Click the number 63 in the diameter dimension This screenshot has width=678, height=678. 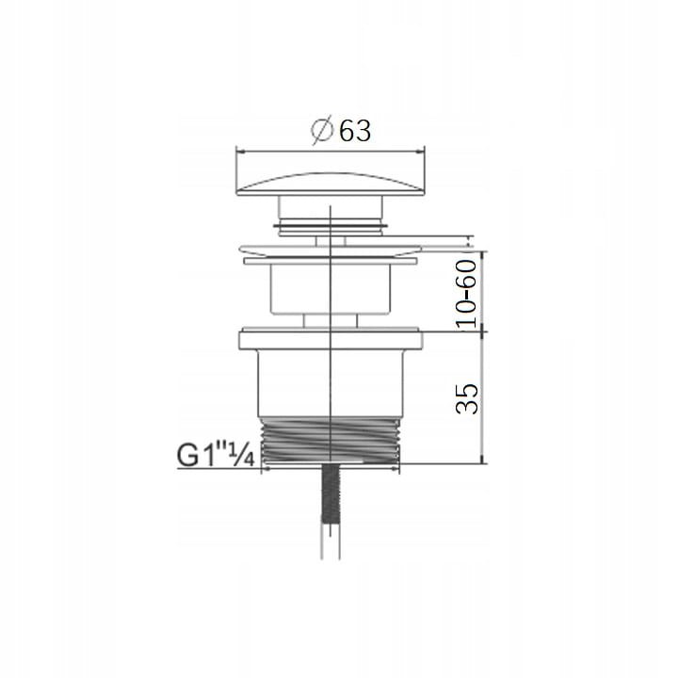pos(355,131)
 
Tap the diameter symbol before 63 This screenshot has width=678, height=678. pos(322,130)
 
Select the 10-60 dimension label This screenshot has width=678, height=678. pos(466,294)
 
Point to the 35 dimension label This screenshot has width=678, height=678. pos(467,398)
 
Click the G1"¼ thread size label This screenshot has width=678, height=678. pos(216,455)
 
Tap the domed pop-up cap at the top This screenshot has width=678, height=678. pos(331,185)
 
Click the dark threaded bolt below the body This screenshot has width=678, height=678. pos(331,493)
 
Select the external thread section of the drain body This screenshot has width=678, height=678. pos(331,439)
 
